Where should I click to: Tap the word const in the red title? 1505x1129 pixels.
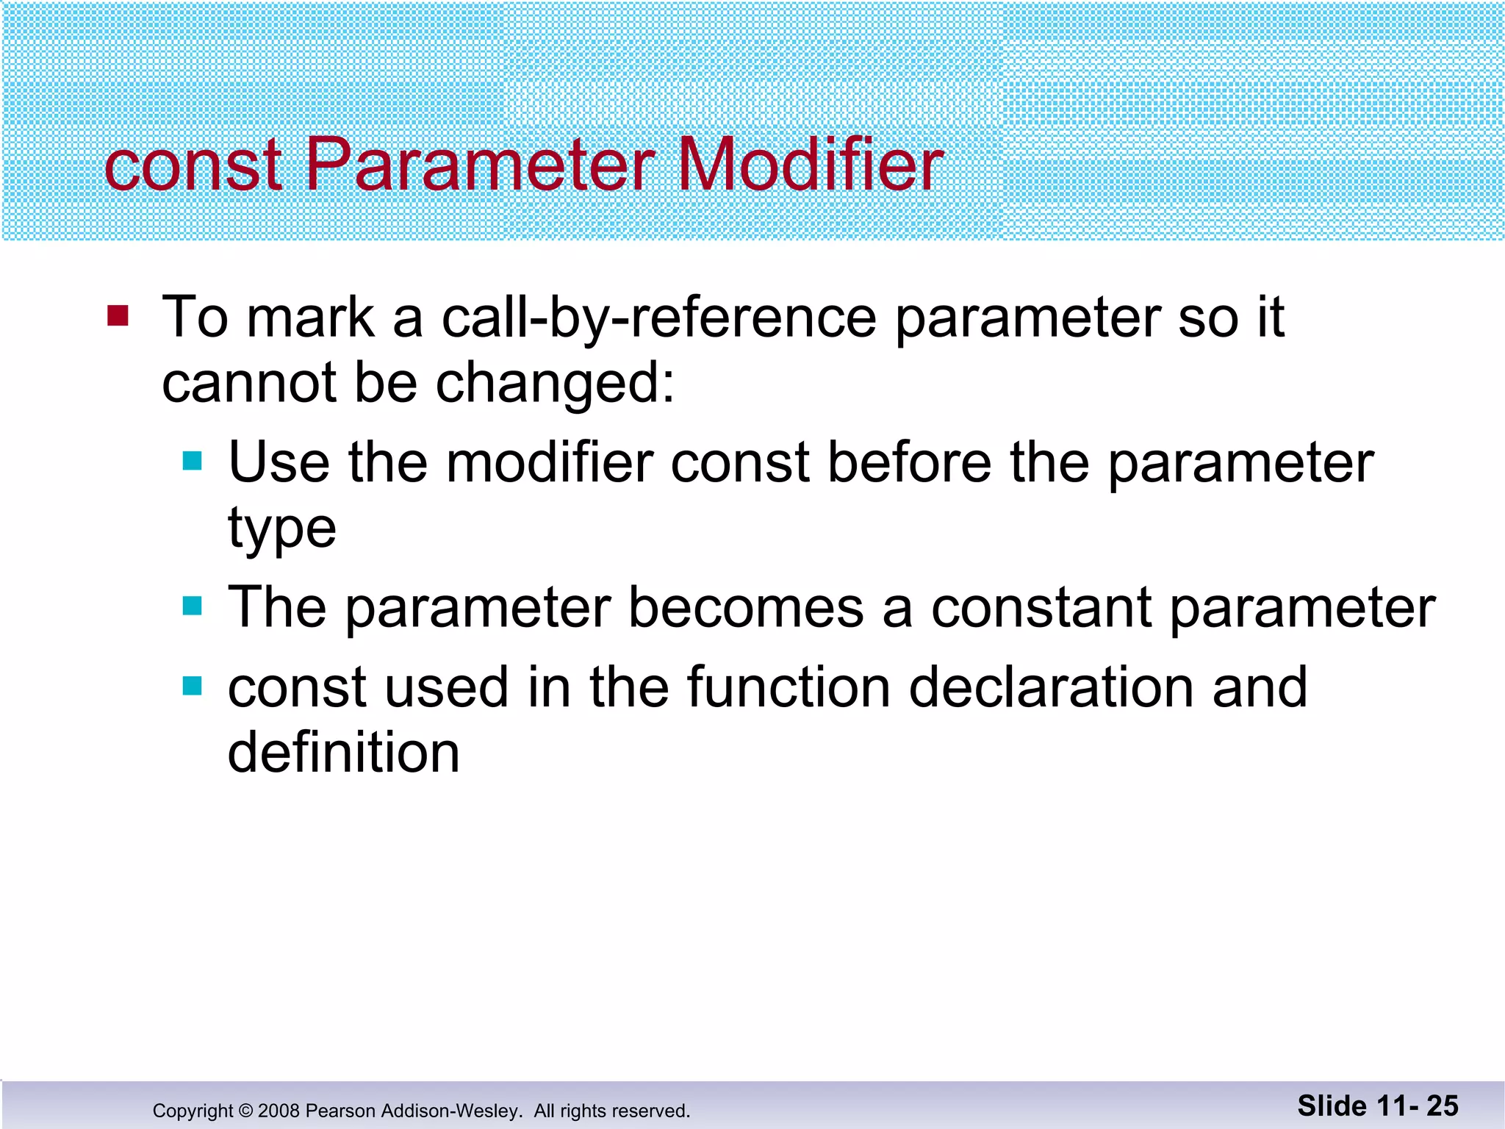pyautogui.click(x=193, y=168)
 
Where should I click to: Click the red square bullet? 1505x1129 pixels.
pyautogui.click(x=118, y=316)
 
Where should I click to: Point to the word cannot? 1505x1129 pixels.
pyautogui.click(x=248, y=384)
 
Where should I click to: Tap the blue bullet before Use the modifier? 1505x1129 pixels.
pyautogui.click(x=193, y=461)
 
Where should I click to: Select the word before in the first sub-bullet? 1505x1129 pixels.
pyautogui.click(x=909, y=462)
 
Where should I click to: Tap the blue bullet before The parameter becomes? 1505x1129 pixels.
pyautogui.click(x=193, y=606)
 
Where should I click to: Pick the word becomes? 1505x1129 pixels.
pyautogui.click(x=746, y=608)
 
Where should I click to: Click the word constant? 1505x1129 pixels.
pyautogui.click(x=1041, y=608)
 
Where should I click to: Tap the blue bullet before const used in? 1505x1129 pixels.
pyautogui.click(x=193, y=686)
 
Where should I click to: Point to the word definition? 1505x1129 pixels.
pyautogui.click(x=343, y=753)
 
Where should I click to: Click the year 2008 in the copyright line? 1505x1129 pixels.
pyautogui.click(x=279, y=1111)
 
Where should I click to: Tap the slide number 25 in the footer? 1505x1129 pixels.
pyautogui.click(x=1443, y=1105)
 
